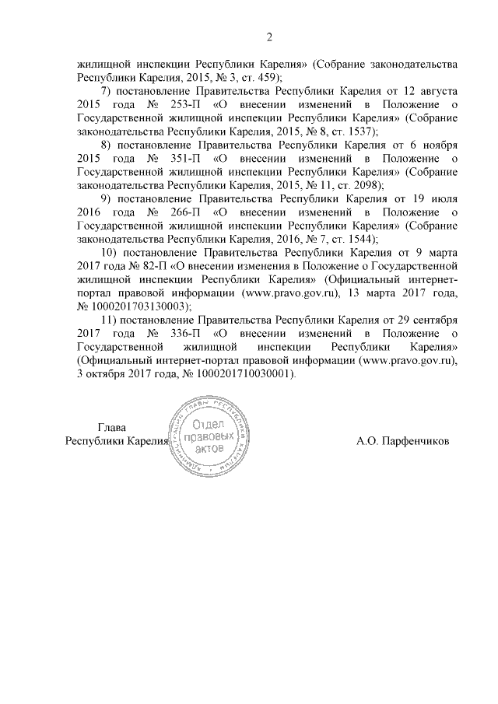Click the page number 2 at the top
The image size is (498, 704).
(x=269, y=37)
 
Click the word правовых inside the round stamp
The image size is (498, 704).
(x=212, y=436)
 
